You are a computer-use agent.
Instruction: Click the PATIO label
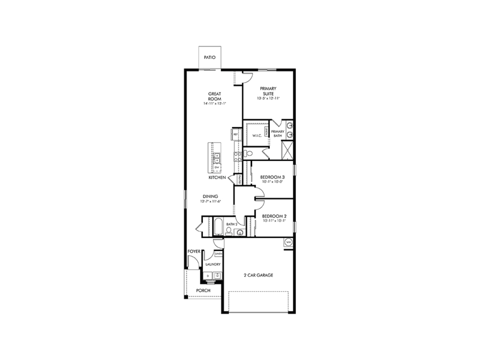(210, 57)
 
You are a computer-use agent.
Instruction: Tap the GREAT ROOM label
(214, 96)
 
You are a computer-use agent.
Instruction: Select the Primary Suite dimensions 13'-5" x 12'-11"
(268, 98)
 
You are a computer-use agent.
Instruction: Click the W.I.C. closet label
(257, 136)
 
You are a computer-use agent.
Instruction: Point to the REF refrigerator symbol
(235, 135)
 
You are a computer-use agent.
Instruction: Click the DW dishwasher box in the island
(216, 167)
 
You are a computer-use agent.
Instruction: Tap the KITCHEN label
(217, 178)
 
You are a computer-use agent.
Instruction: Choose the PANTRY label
(240, 179)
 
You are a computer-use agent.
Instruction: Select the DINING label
(210, 196)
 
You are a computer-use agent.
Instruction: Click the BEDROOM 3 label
(272, 177)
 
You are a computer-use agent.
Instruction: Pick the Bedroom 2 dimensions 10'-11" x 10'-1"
(274, 220)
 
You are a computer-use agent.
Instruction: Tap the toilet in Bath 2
(229, 231)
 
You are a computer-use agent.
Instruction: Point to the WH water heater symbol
(289, 242)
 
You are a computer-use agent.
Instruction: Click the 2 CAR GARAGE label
(258, 275)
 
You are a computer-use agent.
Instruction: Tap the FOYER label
(194, 251)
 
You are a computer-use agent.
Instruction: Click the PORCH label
(203, 290)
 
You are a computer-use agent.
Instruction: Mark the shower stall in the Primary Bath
(287, 150)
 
